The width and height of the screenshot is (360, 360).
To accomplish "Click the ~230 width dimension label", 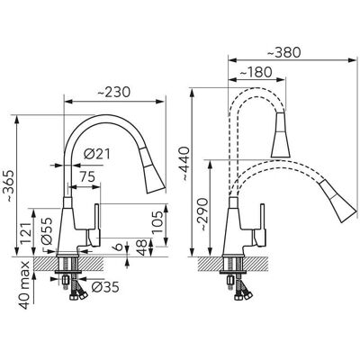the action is tap(114, 92).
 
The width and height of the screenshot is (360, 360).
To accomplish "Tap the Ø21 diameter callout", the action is tap(97, 154).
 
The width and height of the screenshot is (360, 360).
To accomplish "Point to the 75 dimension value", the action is tap(87, 176).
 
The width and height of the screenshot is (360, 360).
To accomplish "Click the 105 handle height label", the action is tap(157, 222).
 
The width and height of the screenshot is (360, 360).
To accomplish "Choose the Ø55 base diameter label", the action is tap(47, 231).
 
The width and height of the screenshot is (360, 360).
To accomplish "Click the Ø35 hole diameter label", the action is tap(105, 287).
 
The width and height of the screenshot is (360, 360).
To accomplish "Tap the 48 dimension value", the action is tap(143, 247).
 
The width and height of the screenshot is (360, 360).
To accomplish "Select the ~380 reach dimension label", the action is tap(283, 53).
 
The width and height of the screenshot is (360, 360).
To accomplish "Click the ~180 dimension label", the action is tap(256, 72).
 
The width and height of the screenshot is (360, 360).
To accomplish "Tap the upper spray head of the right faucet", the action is tap(281, 135).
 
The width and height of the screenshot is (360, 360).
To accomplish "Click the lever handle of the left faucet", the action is tap(94, 226).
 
